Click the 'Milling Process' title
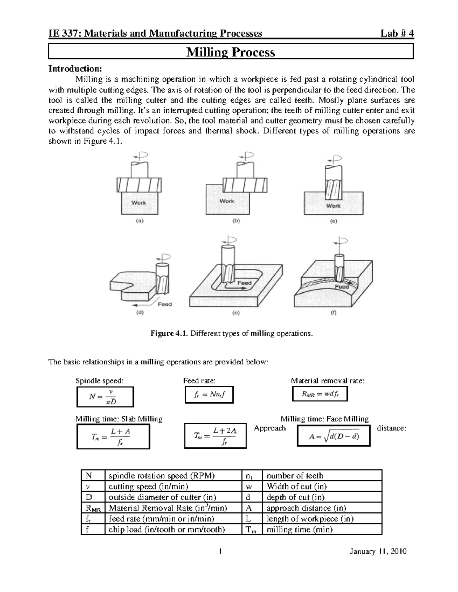(x=230, y=52)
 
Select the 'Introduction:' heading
(x=75, y=69)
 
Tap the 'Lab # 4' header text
(x=397, y=34)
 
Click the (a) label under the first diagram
(x=140, y=221)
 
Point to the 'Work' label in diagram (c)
(x=333, y=205)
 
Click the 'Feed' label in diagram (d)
(x=165, y=304)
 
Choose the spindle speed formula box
(x=105, y=397)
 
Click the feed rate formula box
(x=209, y=395)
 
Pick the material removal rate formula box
(x=320, y=394)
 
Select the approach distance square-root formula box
(x=334, y=436)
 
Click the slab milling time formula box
(x=113, y=437)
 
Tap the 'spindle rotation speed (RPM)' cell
(x=162, y=476)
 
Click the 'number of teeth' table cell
(x=295, y=476)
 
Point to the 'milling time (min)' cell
(x=300, y=529)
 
